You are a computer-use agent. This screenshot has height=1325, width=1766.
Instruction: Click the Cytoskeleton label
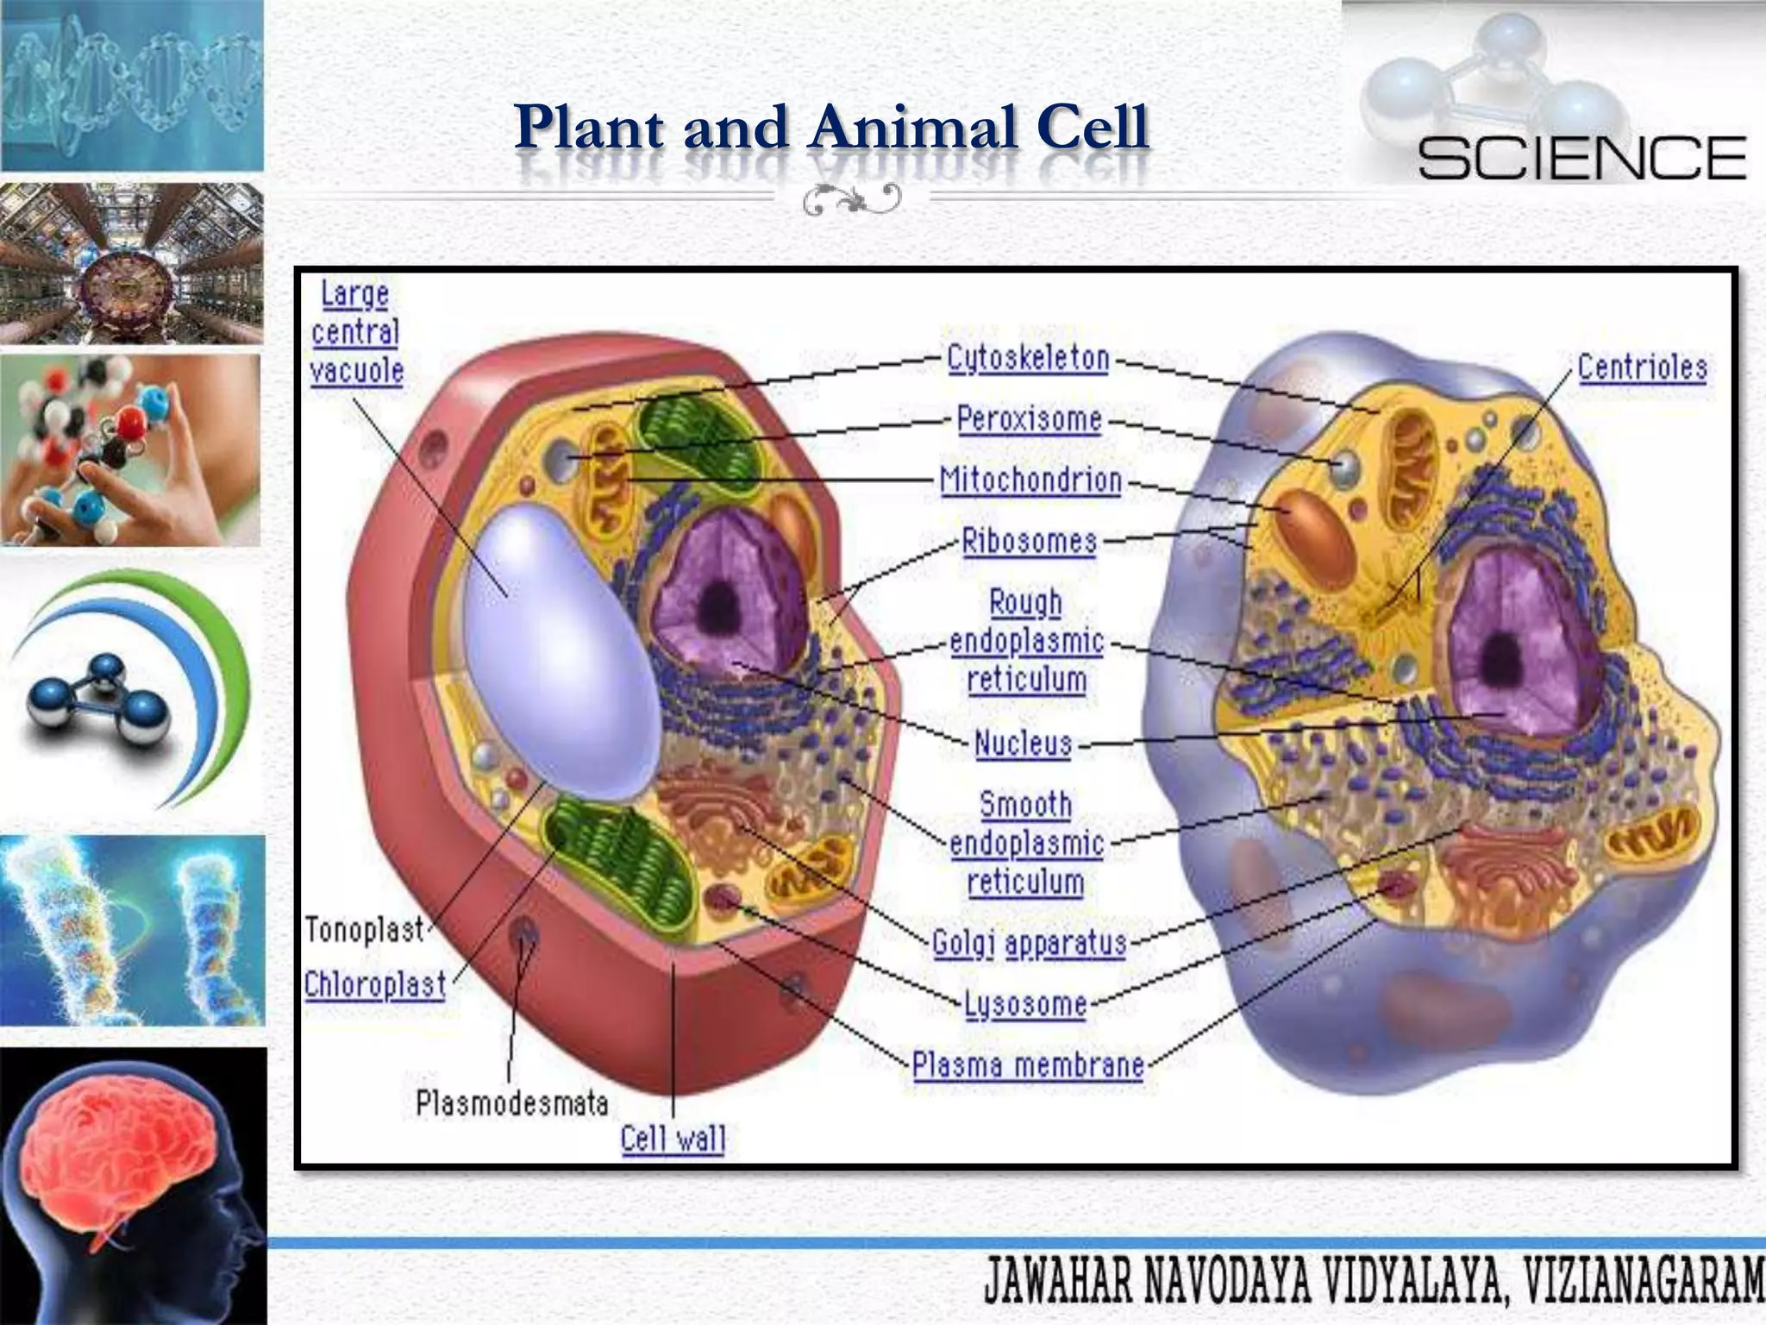point(1028,358)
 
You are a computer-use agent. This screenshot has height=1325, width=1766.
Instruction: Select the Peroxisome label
point(1029,419)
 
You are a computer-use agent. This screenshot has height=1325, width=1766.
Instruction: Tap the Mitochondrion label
point(1030,480)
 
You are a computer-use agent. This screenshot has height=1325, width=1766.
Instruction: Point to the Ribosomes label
point(1029,541)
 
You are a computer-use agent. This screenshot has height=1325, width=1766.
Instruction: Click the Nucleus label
point(1023,743)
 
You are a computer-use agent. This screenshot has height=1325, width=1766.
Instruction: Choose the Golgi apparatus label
point(1030,943)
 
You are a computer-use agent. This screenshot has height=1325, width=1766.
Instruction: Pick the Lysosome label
point(1024,1004)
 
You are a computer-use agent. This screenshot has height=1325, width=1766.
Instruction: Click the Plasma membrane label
point(1028,1065)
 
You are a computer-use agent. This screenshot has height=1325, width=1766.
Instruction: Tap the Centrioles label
point(1642,367)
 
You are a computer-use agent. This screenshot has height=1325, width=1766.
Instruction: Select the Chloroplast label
point(375,984)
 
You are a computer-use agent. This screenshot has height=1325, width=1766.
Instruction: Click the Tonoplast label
point(365,930)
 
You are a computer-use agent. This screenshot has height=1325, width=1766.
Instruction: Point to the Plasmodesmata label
point(511,1102)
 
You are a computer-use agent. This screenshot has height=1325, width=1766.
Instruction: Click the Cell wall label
point(673,1139)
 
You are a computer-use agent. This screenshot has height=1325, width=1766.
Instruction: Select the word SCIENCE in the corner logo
point(1581,158)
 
